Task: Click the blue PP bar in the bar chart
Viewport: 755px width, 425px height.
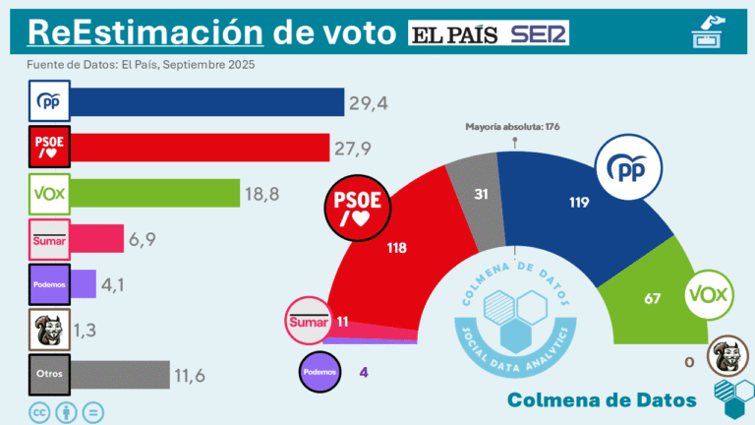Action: (206, 101)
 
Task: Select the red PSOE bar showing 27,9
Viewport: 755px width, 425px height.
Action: (200, 148)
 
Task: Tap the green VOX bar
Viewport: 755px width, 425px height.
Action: (155, 193)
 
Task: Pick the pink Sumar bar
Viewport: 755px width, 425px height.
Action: (96, 238)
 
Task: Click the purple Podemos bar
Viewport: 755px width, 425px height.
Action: (83, 284)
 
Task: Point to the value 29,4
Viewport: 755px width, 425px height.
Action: (369, 101)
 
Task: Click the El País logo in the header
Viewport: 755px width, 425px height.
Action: (455, 35)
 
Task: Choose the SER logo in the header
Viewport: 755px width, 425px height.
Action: (539, 35)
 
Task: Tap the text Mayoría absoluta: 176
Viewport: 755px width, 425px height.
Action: (512, 127)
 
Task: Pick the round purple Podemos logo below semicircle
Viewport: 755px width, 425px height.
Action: (321, 373)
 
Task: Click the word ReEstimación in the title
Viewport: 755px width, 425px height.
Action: (145, 32)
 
